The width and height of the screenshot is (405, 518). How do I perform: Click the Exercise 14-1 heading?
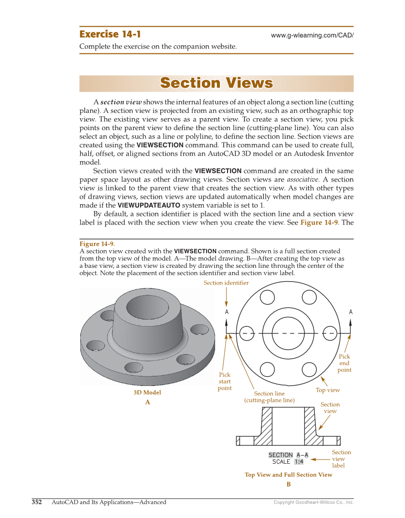click(x=110, y=34)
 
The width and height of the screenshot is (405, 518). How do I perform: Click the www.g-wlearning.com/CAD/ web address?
click(x=312, y=36)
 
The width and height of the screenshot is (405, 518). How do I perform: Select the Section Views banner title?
click(x=216, y=83)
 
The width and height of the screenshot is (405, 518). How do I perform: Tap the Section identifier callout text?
click(x=226, y=283)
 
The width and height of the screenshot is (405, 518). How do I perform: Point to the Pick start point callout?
click(x=225, y=381)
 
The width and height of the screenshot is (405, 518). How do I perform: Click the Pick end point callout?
click(x=344, y=363)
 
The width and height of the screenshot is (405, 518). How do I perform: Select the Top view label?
click(x=328, y=390)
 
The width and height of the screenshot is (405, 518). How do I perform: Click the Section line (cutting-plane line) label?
click(x=270, y=397)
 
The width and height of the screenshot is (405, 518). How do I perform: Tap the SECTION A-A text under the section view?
click(x=288, y=455)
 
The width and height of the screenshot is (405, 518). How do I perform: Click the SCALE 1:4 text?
click(x=288, y=462)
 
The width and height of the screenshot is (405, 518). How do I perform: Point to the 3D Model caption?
click(x=147, y=393)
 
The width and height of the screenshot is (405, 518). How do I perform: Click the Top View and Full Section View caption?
click(x=288, y=475)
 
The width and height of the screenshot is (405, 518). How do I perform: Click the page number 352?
click(x=37, y=502)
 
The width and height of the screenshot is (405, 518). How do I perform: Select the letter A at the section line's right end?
click(x=351, y=312)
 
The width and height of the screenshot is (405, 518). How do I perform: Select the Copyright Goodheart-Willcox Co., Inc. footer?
click(x=313, y=502)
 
